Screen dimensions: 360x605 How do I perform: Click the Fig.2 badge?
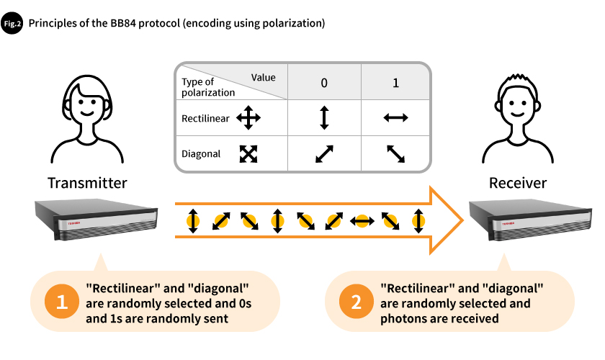pyautogui.click(x=14, y=23)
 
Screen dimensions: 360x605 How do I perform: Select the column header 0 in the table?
pyautogui.click(x=324, y=83)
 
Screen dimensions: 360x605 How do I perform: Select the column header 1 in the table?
pyautogui.click(x=395, y=83)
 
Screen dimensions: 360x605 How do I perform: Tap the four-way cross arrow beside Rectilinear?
pyautogui.click(x=248, y=117)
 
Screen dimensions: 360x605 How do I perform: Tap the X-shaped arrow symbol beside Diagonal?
pyautogui.click(x=248, y=153)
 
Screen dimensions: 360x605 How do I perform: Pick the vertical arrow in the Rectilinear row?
pyautogui.click(x=324, y=117)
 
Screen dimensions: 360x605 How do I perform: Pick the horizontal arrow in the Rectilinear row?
pyautogui.click(x=395, y=117)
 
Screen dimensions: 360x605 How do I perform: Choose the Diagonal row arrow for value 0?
pyautogui.click(x=324, y=153)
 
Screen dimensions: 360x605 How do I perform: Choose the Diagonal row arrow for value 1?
pyautogui.click(x=395, y=153)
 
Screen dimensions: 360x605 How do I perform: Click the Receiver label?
pyautogui.click(x=518, y=183)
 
